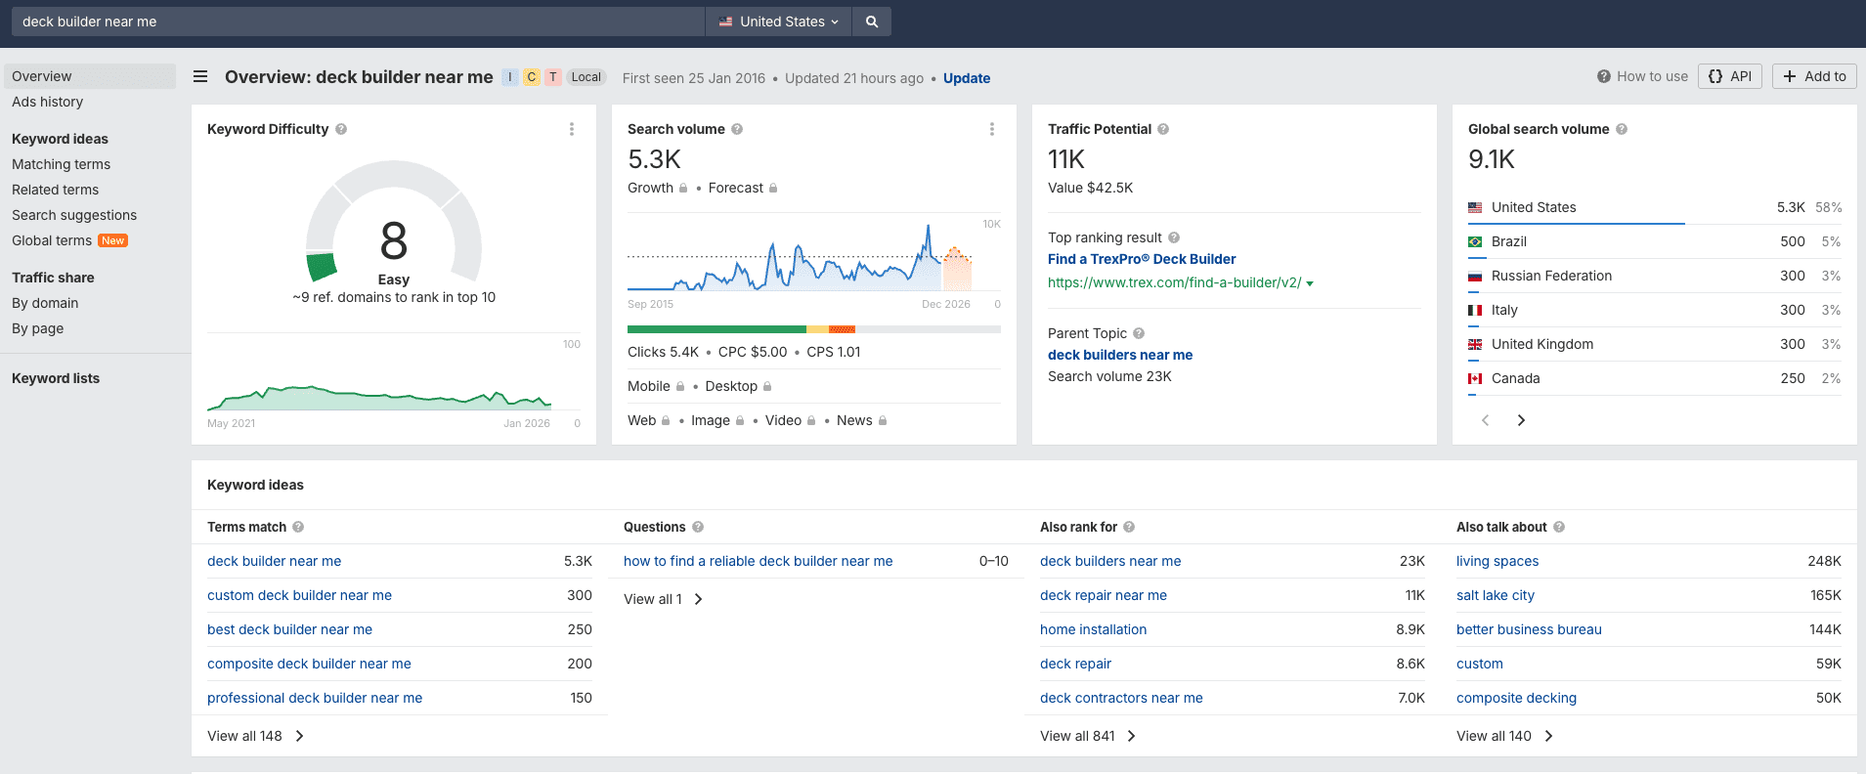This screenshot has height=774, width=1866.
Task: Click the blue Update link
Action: point(966,78)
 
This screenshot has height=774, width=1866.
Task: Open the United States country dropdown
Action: point(779,21)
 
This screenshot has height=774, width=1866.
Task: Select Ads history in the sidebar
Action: point(47,102)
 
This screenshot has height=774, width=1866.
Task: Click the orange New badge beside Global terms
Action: point(113,240)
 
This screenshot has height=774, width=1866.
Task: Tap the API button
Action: point(1730,76)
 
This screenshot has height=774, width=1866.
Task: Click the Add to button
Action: point(1814,76)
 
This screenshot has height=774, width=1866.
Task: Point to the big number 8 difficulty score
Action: point(393,240)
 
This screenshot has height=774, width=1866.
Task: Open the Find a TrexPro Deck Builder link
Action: point(1141,259)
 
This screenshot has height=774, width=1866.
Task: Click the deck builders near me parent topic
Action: point(1119,355)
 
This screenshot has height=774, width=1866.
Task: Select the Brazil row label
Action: point(1508,241)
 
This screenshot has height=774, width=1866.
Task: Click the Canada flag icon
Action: point(1475,378)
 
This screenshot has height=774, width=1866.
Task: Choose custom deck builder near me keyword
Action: point(299,595)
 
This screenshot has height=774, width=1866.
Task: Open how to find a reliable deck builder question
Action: point(758,561)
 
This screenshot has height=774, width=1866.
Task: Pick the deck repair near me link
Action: point(1103,595)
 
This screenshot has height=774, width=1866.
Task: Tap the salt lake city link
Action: point(1495,595)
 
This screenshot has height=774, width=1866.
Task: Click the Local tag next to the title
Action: point(586,77)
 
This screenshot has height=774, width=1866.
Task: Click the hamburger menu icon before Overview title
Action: point(200,76)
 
